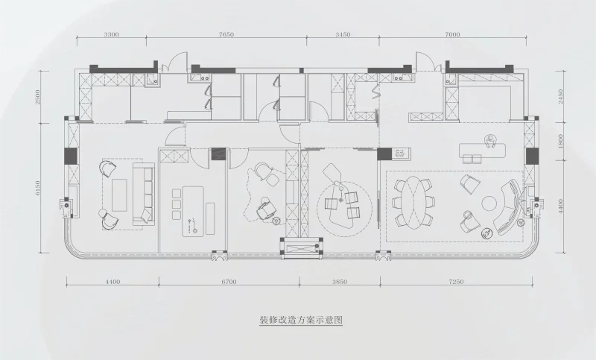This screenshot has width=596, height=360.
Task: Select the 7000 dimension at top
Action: pyautogui.click(x=453, y=35)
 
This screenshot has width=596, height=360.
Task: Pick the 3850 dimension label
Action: pyautogui.click(x=340, y=283)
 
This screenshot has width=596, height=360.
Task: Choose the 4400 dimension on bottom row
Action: pyautogui.click(x=112, y=283)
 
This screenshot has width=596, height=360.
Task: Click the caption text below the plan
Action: pyautogui.click(x=300, y=320)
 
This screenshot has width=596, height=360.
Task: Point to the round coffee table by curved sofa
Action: pyautogui.click(x=489, y=203)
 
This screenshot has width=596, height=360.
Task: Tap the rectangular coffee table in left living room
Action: pyautogui.click(x=120, y=196)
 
